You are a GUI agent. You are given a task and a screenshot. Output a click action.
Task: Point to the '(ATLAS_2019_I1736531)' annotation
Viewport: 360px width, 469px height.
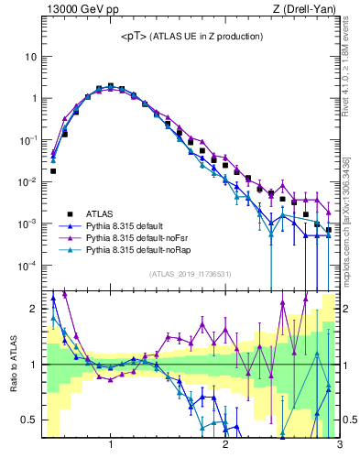point(191,274)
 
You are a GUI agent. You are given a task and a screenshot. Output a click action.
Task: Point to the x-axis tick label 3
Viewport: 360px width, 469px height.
point(339,446)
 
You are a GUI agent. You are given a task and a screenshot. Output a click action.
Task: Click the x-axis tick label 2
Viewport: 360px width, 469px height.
point(225,446)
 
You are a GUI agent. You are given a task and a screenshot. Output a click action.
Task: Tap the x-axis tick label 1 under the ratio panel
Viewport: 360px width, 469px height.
point(111,446)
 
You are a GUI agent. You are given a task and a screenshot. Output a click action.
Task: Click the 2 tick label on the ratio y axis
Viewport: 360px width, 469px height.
point(32,309)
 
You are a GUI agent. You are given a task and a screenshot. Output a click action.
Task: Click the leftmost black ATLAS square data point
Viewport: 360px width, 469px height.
point(53,170)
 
